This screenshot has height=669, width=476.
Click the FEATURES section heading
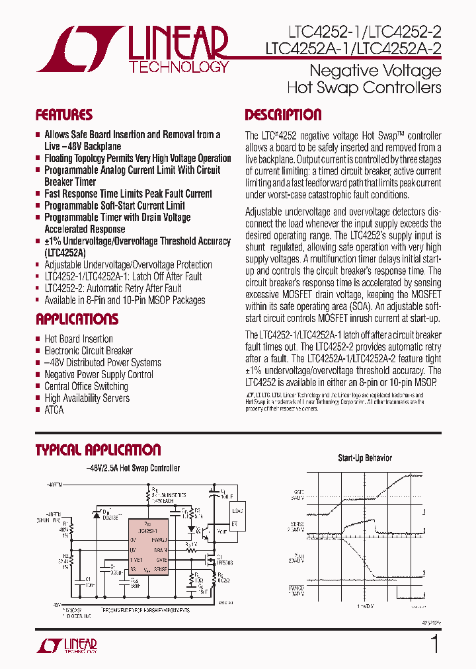click(x=63, y=115)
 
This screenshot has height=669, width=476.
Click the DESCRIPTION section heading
click(x=283, y=115)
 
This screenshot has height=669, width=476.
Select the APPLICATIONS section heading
click(x=77, y=319)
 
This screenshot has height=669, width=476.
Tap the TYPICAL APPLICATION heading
click(x=98, y=450)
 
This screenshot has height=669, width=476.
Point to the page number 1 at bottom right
click(x=434, y=643)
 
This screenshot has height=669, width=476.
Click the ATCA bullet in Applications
click(x=54, y=410)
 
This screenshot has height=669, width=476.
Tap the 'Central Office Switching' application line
click(x=86, y=386)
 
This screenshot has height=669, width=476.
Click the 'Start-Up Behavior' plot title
click(x=365, y=457)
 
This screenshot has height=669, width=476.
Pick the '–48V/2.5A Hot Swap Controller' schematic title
click(x=133, y=468)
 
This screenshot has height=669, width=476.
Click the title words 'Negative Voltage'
click(x=375, y=70)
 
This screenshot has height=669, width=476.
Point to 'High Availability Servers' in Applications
click(x=87, y=398)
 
